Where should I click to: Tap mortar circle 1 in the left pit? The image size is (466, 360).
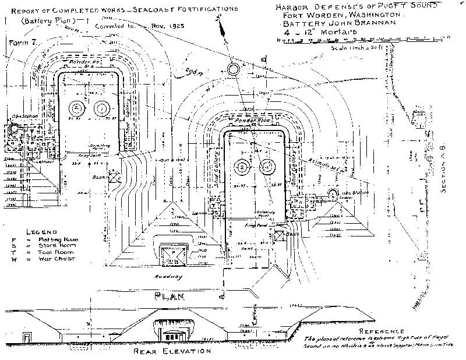[101, 108]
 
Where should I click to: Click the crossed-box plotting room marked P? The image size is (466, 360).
[173, 255]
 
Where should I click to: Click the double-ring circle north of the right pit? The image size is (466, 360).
[233, 69]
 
